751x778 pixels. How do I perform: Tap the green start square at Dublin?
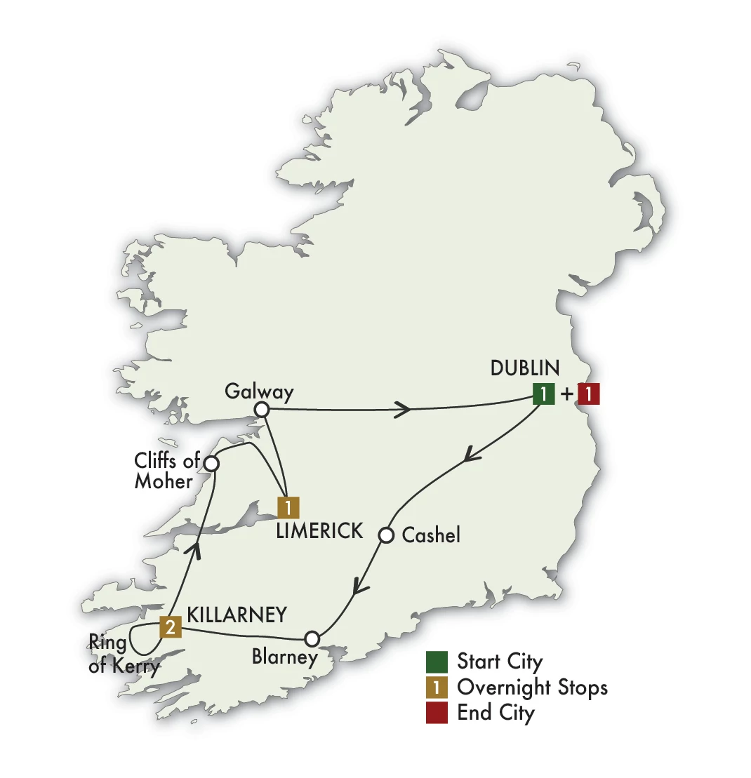pos(543,394)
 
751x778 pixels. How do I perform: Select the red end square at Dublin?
pos(588,394)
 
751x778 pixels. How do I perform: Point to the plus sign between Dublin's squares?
pos(566,395)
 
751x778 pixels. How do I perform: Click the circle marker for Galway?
pos(262,409)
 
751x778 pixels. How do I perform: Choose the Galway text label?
pos(258,391)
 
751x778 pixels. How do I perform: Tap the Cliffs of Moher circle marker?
pos(211,463)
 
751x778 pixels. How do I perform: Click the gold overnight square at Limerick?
pos(288,507)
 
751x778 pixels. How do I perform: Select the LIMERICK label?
pos(319,531)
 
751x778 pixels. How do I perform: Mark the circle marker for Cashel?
pos(385,535)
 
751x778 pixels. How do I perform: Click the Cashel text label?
pos(431,535)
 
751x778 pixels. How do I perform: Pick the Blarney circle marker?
pos(312,638)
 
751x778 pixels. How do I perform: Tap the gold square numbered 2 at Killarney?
pos(171,626)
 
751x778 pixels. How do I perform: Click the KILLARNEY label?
pos(237,615)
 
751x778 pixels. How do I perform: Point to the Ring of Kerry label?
pos(124,654)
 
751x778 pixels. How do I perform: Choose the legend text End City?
pos(496,713)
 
